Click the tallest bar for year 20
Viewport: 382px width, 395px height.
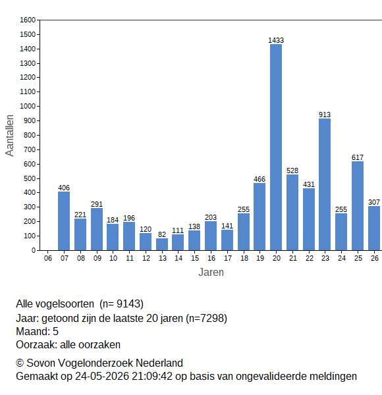click(276, 147)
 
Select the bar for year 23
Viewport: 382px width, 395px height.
click(325, 184)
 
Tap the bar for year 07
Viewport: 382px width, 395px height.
click(64, 221)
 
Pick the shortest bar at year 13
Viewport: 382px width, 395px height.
click(162, 244)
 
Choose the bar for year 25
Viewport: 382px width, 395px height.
click(358, 206)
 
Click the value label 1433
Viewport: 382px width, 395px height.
click(276, 40)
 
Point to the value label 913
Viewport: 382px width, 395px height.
click(325, 115)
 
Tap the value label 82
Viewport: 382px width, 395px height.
click(162, 234)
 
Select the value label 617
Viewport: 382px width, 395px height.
click(358, 157)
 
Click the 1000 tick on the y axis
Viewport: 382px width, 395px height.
click(28, 106)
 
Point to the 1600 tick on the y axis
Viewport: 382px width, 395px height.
click(28, 20)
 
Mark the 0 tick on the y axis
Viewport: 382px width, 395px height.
click(34, 250)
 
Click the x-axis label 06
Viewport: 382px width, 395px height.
click(48, 258)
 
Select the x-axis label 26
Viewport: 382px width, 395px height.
click(375, 258)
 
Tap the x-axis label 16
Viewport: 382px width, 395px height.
click(211, 258)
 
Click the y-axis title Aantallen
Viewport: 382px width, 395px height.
click(10, 136)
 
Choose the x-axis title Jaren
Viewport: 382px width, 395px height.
click(211, 273)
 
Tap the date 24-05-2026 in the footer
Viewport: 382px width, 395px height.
click(102, 377)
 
